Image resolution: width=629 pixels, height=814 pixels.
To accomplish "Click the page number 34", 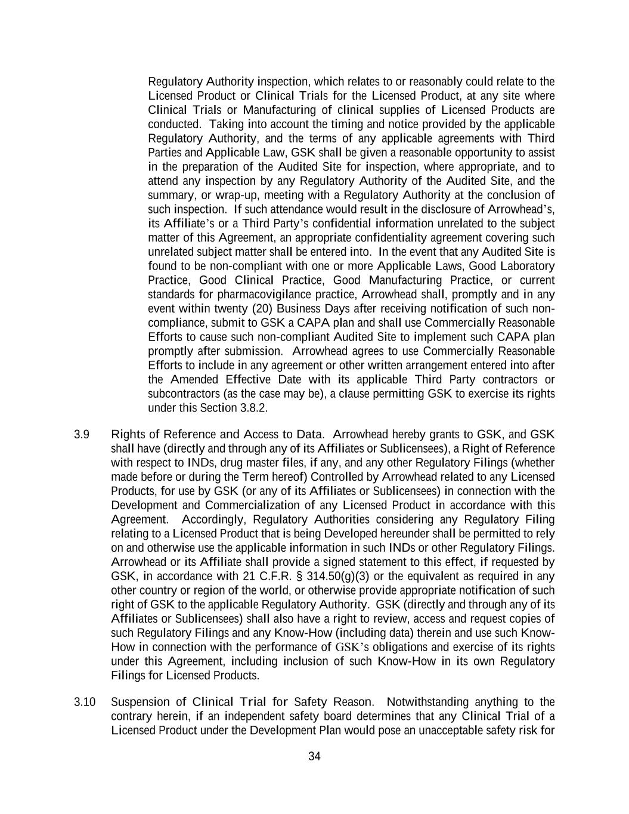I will (314, 757).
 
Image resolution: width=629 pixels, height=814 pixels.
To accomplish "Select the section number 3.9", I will (82, 434).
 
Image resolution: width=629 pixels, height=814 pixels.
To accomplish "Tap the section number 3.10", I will (85, 702).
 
